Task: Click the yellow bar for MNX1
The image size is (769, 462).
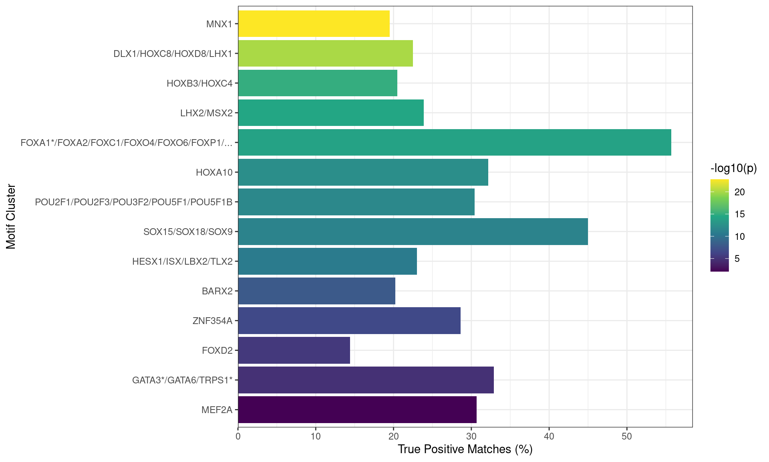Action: coord(314,24)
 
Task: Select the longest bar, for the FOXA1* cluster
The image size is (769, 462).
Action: coord(455,142)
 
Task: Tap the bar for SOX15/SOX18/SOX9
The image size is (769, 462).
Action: coord(413,231)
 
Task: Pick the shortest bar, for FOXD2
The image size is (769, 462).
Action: coord(294,350)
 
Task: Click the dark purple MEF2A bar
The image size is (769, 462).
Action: coord(357,409)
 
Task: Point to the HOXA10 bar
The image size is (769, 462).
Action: coord(363,172)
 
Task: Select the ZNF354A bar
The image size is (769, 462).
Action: coord(349,320)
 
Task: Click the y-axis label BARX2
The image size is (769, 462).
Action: coord(217,291)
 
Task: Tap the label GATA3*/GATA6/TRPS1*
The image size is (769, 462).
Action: coord(182,380)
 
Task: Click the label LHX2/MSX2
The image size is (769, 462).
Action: coord(206,113)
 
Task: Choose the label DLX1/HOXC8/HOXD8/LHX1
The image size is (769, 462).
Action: coord(173,54)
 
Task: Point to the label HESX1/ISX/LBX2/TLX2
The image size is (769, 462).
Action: coord(182,261)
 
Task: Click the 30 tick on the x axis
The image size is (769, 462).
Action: coord(471,436)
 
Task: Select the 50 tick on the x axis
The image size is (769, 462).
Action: coord(626,436)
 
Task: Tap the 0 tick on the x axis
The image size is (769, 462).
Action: coord(238,436)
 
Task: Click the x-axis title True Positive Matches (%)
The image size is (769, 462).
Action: coord(465,449)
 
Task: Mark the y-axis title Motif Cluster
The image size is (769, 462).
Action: coord(11,217)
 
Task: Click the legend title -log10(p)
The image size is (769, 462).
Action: coord(733,168)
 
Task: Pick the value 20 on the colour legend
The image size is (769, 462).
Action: coord(739,192)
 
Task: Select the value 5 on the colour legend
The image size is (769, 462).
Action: coord(737,259)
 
